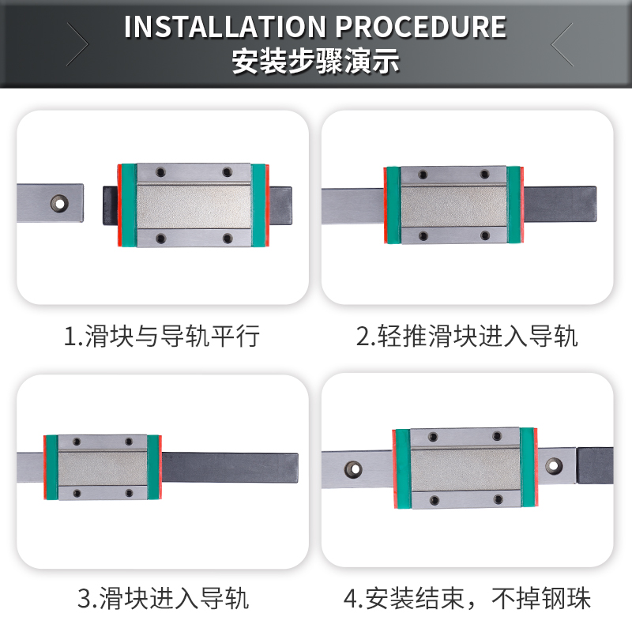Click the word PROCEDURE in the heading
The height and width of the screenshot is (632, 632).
[420, 27]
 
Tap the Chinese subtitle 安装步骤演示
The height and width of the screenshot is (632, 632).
[315, 62]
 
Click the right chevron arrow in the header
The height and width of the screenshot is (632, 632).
[562, 44]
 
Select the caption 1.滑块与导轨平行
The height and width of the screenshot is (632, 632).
[162, 337]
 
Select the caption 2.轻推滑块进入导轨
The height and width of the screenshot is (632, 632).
[467, 337]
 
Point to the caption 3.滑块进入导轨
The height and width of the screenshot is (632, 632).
[163, 598]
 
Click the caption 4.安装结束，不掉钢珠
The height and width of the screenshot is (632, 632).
[467, 598]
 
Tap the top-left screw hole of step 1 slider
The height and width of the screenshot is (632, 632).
[160, 171]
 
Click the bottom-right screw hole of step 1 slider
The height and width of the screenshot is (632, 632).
[227, 238]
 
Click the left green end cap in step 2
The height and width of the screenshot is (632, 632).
[393, 205]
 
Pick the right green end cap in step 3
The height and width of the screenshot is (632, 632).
[152, 468]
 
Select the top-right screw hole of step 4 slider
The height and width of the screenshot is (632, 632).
[497, 436]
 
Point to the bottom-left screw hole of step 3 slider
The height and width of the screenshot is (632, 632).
[77, 494]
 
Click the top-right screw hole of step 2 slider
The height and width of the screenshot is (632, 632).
[487, 175]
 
